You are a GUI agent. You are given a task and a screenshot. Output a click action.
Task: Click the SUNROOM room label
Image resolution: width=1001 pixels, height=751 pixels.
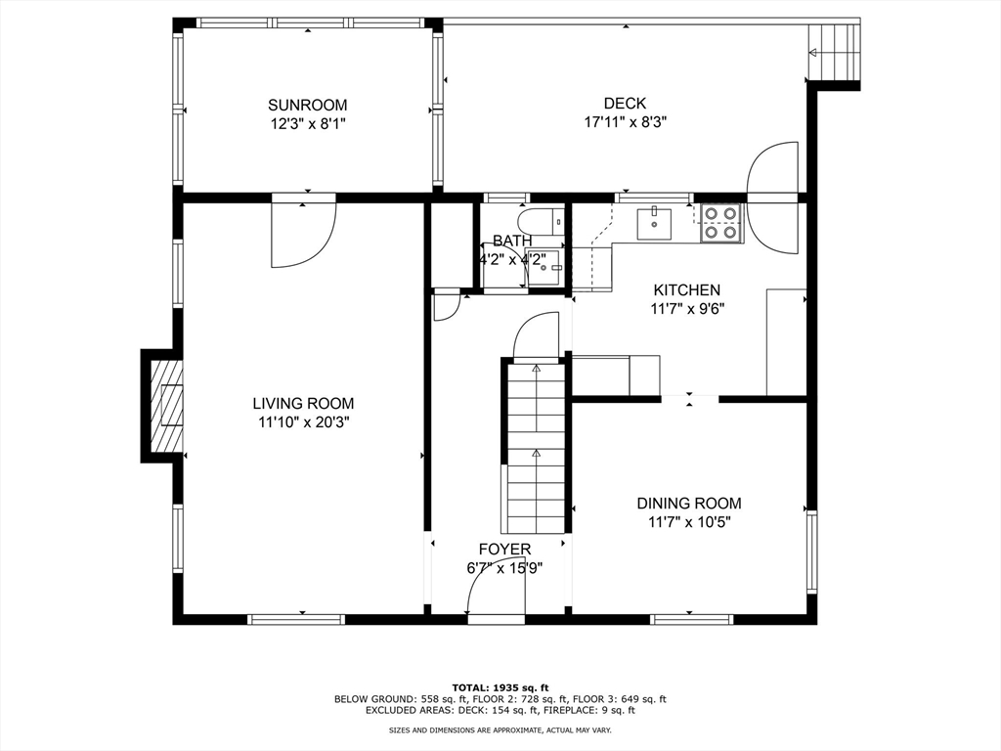(x=307, y=105)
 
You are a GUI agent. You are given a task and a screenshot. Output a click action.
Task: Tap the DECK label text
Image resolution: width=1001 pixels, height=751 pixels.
(x=624, y=104)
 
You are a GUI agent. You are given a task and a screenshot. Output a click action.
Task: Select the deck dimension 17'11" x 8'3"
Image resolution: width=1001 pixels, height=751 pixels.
(x=624, y=123)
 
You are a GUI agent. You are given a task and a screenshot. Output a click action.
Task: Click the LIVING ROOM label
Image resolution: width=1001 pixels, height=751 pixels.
(x=303, y=403)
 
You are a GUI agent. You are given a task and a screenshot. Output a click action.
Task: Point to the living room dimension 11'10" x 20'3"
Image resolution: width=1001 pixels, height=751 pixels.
(x=303, y=422)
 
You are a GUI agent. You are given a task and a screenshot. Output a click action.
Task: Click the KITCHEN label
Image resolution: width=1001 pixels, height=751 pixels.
(x=686, y=289)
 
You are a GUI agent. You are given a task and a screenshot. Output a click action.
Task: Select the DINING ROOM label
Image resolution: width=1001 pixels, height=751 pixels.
(x=688, y=503)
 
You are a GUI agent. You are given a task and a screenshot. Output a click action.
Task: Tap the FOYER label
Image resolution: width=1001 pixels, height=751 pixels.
(x=504, y=550)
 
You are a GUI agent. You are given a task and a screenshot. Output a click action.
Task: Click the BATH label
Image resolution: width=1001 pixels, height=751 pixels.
(x=512, y=241)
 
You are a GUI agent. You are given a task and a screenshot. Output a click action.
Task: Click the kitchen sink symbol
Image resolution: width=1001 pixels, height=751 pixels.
(x=654, y=224)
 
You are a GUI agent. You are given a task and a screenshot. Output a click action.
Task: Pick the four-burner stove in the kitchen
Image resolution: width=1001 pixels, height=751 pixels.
(x=721, y=222)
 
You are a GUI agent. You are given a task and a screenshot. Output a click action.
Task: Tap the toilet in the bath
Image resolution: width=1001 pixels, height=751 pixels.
(x=541, y=222)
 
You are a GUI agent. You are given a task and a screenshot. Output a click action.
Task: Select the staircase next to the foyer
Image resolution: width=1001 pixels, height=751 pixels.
(x=536, y=445)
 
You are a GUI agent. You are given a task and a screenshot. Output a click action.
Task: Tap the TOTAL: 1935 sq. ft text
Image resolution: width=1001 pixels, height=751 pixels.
(x=500, y=686)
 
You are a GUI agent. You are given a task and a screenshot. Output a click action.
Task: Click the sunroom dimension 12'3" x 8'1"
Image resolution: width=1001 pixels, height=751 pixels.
(x=307, y=124)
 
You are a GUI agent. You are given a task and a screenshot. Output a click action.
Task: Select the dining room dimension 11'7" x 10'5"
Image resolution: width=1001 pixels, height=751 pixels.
(x=688, y=522)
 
